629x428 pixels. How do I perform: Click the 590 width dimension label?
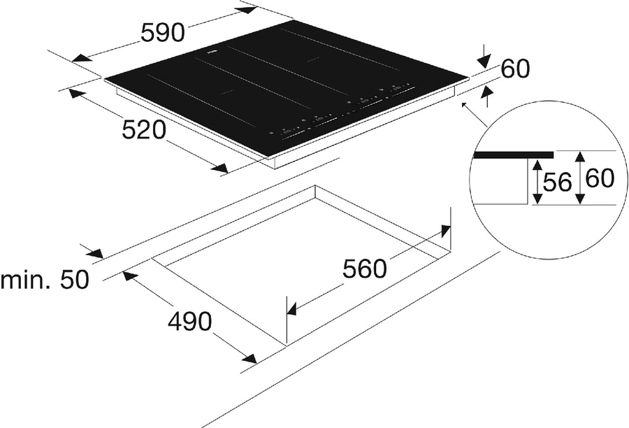click(x=162, y=31)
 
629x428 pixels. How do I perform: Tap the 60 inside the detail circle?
click(x=600, y=179)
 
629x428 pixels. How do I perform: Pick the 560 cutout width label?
click(x=364, y=269)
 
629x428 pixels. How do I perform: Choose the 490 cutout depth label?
click(x=189, y=322)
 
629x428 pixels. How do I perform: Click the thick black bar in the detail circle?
click(x=512, y=155)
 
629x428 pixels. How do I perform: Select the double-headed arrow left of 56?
click(x=536, y=181)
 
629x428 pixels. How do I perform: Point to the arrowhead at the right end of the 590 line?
click(x=247, y=9)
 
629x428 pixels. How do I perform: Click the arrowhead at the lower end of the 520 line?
click(x=219, y=168)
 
